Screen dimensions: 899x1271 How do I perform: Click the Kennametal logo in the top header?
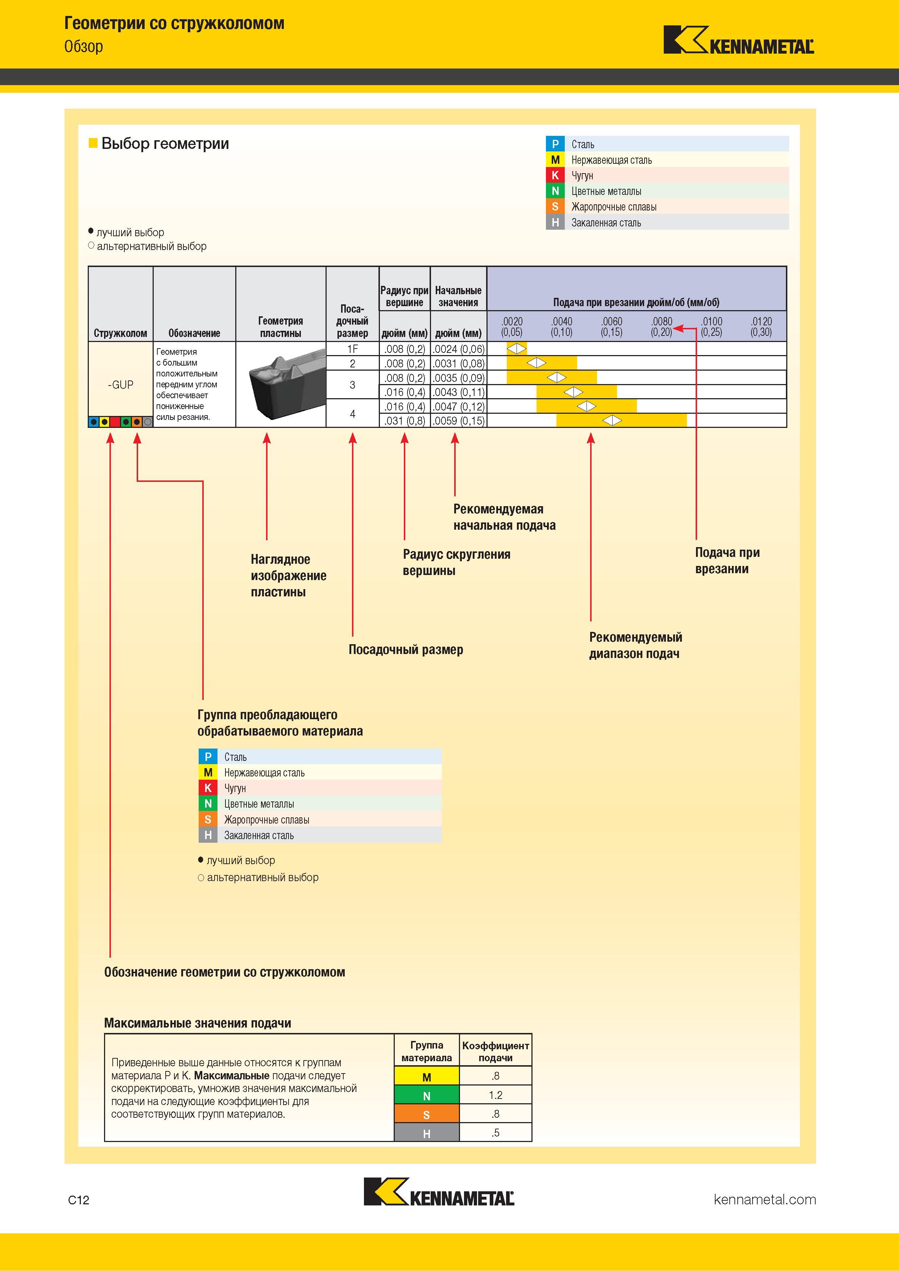click(738, 40)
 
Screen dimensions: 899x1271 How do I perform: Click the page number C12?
click(79, 1200)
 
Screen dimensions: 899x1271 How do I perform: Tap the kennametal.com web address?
click(765, 1199)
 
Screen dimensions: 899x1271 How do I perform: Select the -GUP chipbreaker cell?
click(120, 384)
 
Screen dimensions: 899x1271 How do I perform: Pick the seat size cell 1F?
click(352, 349)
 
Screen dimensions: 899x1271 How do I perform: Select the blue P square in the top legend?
click(555, 144)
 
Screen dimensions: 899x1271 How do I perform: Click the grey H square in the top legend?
click(555, 222)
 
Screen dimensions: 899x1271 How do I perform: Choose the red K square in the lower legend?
click(208, 788)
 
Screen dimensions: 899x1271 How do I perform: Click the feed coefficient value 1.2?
click(495, 1095)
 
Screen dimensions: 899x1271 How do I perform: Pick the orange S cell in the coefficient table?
click(427, 1114)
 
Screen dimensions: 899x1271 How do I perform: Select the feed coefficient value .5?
click(495, 1133)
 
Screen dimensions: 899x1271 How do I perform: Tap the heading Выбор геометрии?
click(165, 143)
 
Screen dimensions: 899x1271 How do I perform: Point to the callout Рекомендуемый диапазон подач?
click(635, 645)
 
